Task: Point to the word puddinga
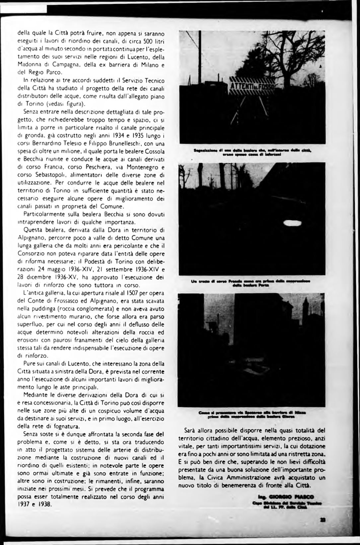(43, 309)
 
